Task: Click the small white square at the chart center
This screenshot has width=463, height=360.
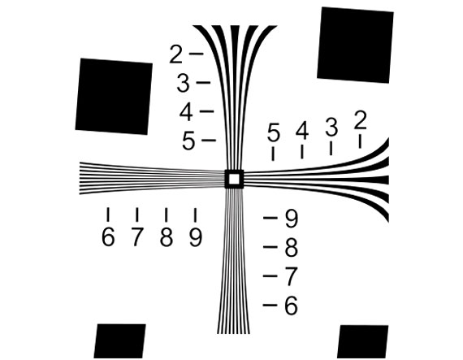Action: (x=234, y=179)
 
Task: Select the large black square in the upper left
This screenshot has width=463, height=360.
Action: (x=114, y=96)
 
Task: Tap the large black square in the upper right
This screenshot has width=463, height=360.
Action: (x=355, y=45)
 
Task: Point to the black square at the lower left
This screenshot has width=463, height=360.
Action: (x=119, y=341)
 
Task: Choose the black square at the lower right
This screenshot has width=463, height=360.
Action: (x=363, y=341)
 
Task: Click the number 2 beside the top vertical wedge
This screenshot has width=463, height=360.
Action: (x=176, y=54)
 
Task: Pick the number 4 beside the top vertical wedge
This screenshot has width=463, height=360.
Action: (x=186, y=112)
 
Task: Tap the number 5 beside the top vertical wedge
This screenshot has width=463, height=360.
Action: (x=188, y=141)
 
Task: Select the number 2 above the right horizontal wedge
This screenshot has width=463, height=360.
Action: (x=360, y=120)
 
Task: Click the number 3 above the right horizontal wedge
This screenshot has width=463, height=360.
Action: (x=331, y=127)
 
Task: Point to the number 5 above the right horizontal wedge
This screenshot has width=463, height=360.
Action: (x=273, y=132)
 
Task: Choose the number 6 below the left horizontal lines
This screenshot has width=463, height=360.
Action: (x=108, y=237)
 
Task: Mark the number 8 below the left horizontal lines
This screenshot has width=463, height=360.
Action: (x=167, y=237)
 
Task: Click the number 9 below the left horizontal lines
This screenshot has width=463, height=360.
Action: (x=196, y=237)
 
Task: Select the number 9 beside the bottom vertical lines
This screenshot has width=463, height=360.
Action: (x=292, y=219)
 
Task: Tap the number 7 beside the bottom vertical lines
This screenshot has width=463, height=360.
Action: (x=291, y=277)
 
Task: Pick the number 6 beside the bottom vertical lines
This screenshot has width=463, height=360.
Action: (x=291, y=306)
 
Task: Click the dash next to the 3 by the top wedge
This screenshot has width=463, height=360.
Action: (x=204, y=82)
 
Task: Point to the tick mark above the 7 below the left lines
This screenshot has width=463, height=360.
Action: (x=137, y=215)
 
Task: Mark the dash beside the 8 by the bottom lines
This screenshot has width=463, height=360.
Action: (x=270, y=247)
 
